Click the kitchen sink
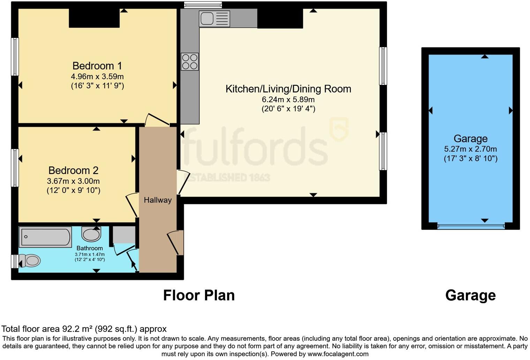(214, 18)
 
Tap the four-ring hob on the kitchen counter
(190, 62)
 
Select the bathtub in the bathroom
(45, 237)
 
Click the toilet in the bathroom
(30, 261)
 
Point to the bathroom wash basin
(91, 234)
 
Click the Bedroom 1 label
(97, 66)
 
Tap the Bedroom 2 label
(73, 170)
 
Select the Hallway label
(158, 200)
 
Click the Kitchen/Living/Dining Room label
(288, 89)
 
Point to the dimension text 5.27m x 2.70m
(470, 149)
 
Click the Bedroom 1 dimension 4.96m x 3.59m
(97, 76)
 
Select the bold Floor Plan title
(199, 295)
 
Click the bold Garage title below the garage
(470, 295)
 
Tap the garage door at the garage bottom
(470, 226)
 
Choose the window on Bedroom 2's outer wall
(15, 167)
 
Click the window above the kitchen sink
(203, 5)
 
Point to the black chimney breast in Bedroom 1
(94, 18)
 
